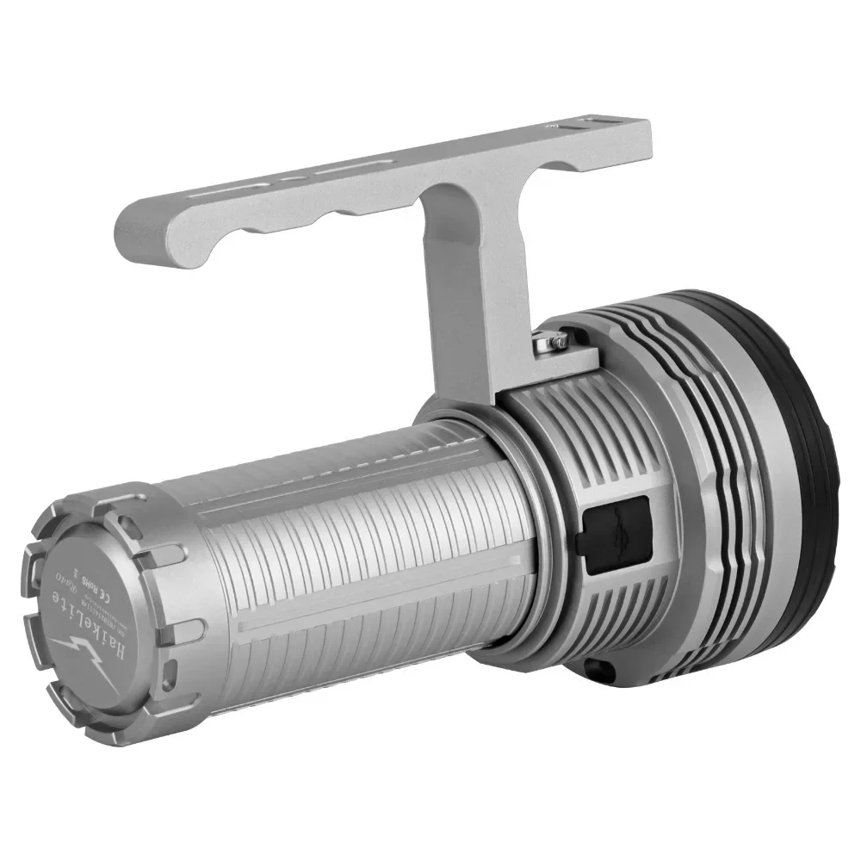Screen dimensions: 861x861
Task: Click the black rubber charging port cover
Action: coord(615,534)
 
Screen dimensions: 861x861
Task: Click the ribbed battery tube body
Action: coord(362,560)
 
